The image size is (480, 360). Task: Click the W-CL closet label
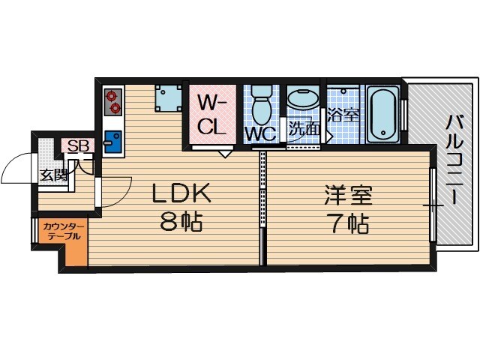212,113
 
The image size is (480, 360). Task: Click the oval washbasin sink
304,100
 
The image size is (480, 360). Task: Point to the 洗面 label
304,128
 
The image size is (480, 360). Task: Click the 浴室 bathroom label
344,117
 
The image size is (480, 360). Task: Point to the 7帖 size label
349,223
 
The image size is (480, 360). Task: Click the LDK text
182,194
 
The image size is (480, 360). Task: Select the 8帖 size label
182,223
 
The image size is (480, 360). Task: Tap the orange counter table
68,240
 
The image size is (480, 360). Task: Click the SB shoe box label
78,146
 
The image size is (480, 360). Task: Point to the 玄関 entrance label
53,175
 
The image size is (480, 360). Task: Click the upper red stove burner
114,96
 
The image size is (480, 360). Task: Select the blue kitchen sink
114,140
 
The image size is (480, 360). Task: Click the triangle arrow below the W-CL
224,154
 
